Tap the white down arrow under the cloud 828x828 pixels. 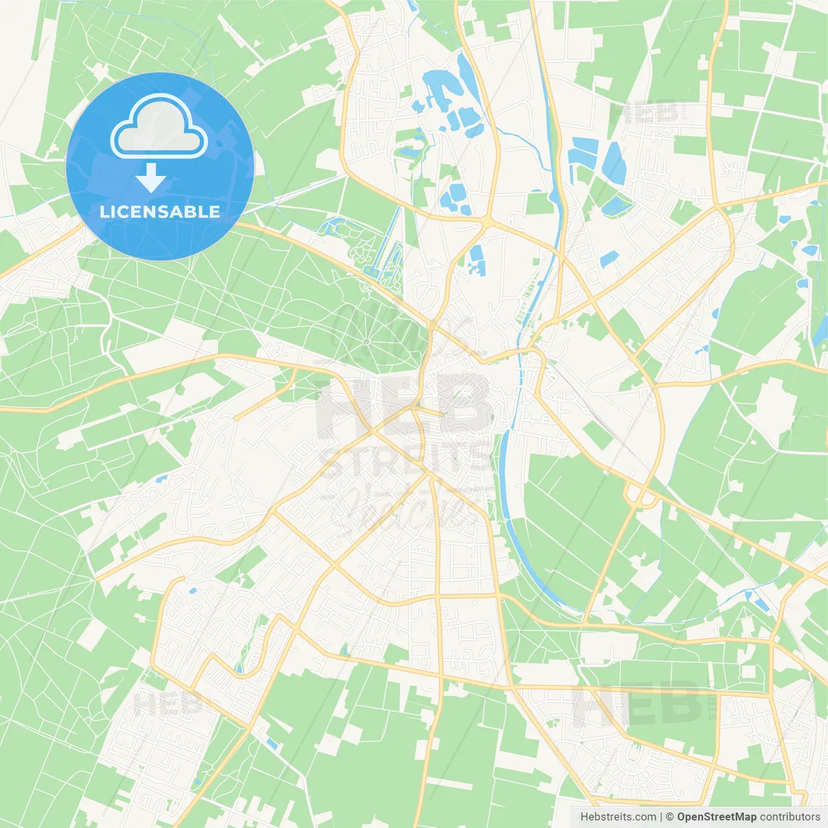pyautogui.click(x=151, y=178)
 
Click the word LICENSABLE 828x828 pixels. pyautogui.click(x=160, y=212)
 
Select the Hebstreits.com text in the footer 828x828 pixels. pyautogui.click(x=618, y=816)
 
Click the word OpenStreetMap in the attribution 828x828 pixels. pyautogui.click(x=716, y=816)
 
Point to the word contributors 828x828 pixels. pyautogui.click(x=790, y=816)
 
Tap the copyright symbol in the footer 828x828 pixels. pyautogui.click(x=670, y=816)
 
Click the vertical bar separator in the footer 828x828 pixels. pyautogui.click(x=661, y=816)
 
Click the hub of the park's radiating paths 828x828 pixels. pyautogui.click(x=366, y=341)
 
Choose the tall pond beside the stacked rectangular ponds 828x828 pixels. pyautogui.click(x=613, y=162)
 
